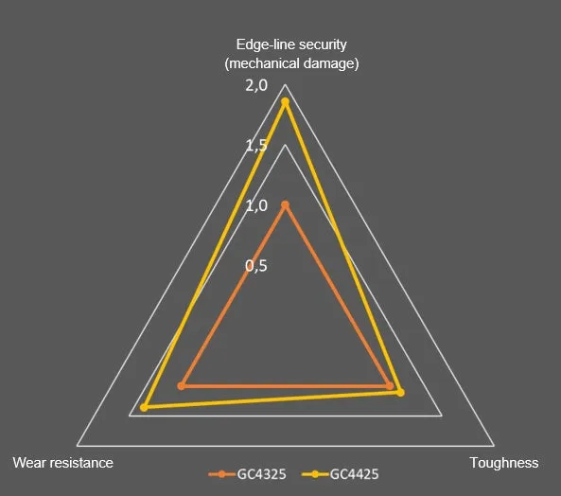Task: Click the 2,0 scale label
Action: pos(256,85)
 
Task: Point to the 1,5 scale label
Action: pos(256,146)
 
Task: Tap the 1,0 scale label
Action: pos(256,205)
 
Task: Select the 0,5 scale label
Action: pos(256,266)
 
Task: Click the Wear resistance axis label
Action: pos(63,463)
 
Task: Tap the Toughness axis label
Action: pos(504,463)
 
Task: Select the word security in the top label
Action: pos(324,45)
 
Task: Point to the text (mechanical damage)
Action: pos(291,63)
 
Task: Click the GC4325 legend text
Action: pos(261,474)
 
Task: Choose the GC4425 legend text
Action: pos(354,474)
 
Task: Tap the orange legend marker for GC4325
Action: pos(221,474)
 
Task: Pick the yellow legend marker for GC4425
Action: pos(315,474)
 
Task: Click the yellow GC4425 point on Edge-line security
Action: pos(285,102)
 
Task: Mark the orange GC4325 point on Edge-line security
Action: pos(285,205)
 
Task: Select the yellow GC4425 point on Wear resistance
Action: pos(144,407)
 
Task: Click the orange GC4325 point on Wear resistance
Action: pos(182,386)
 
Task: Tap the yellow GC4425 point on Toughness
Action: pos(401,393)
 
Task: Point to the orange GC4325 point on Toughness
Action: pos(390,386)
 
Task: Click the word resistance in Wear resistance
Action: pos(82,463)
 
